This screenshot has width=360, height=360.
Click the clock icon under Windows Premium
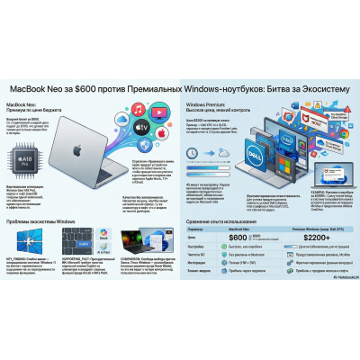click(x=199, y=166)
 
